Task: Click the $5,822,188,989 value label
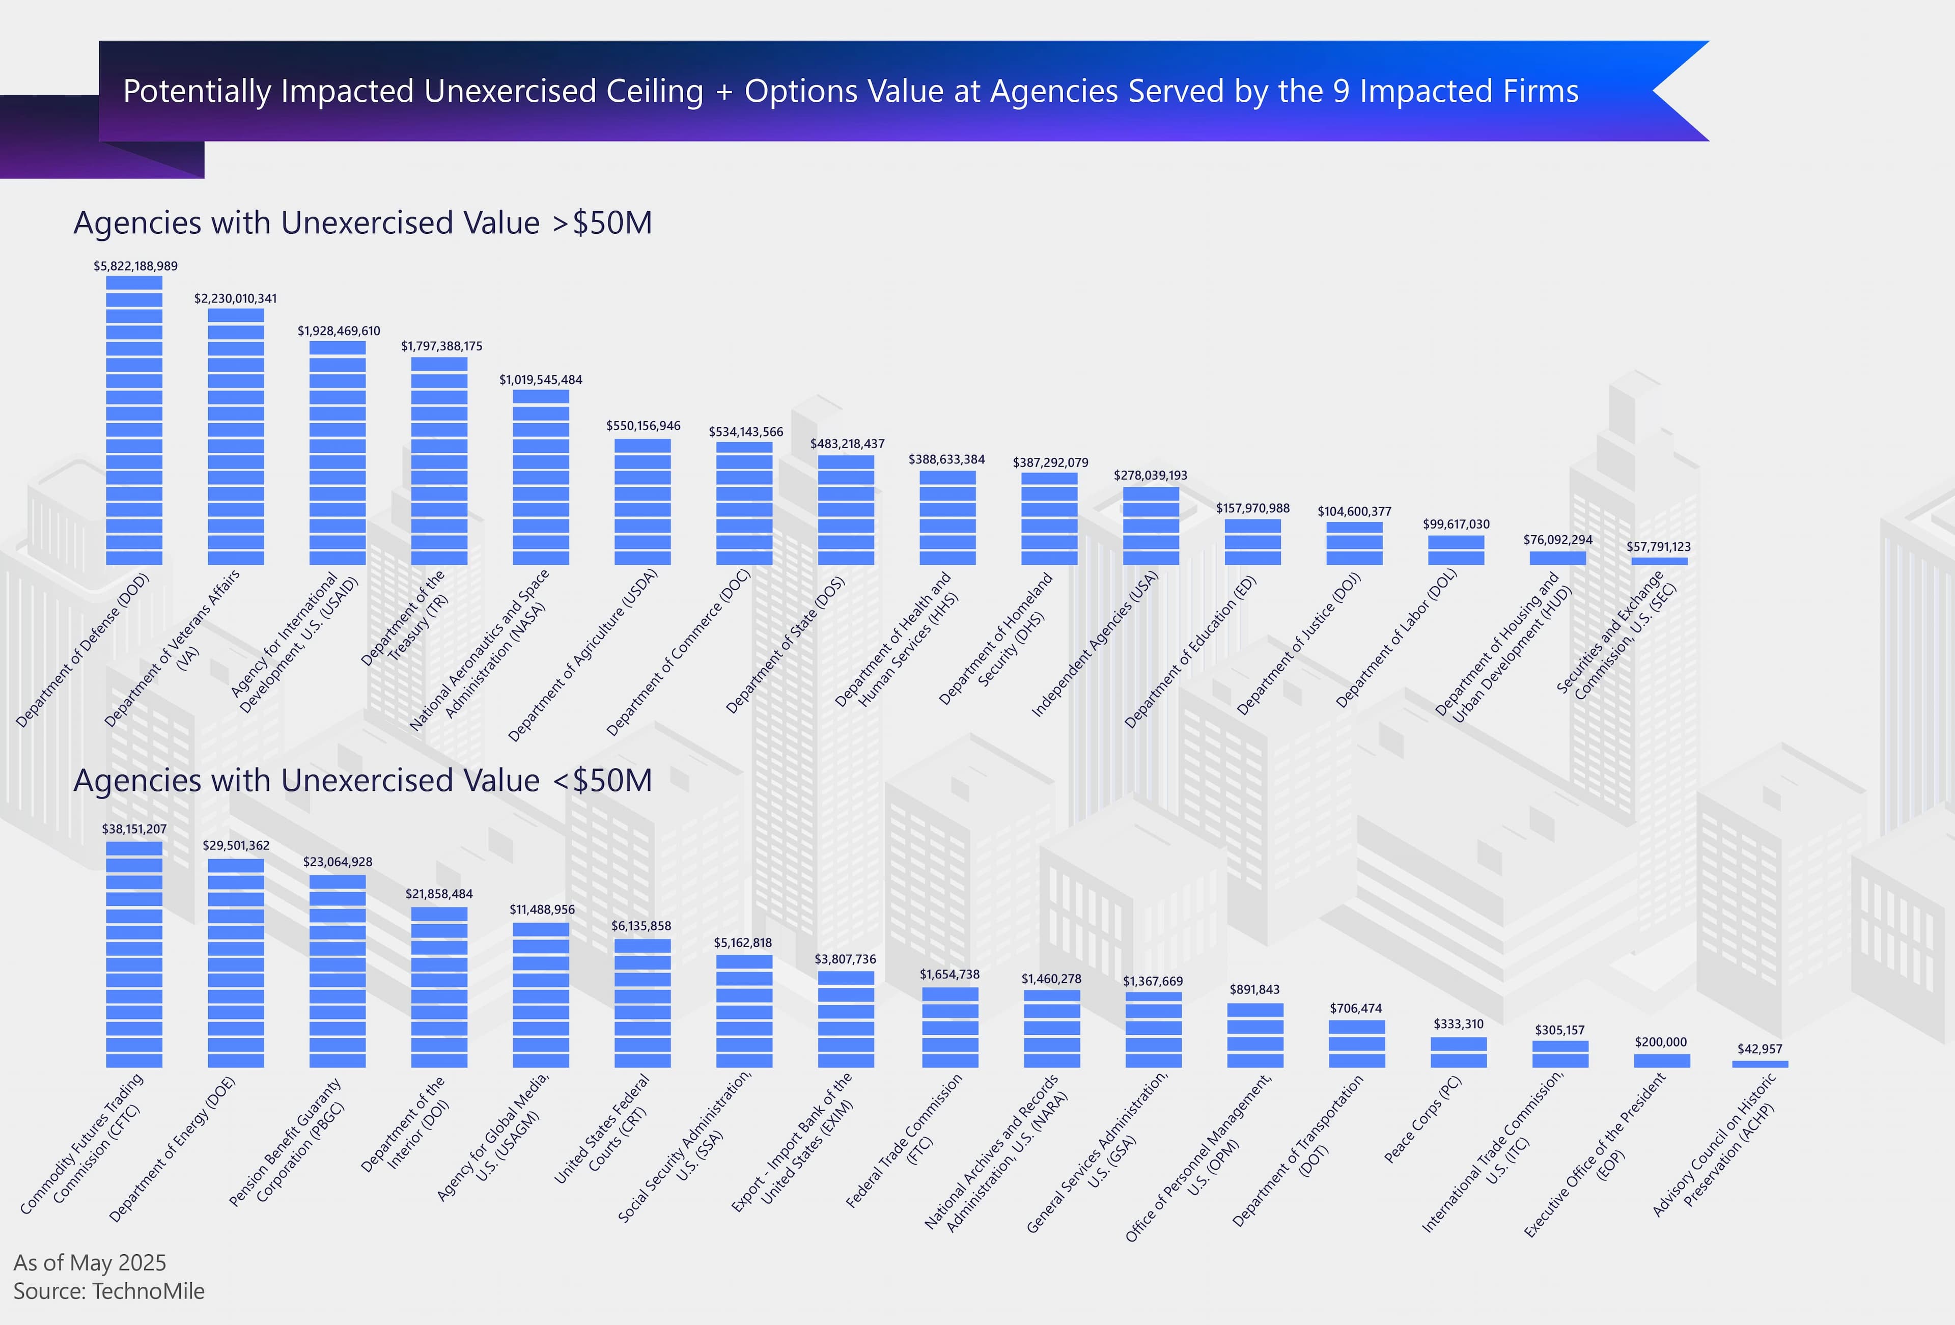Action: click(135, 266)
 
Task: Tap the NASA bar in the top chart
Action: click(541, 477)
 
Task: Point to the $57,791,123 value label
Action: click(1658, 547)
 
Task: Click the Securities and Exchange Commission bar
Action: click(1659, 561)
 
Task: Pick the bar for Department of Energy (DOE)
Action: click(236, 963)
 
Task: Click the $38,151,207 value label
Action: click(134, 829)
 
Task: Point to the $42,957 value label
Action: click(1760, 1049)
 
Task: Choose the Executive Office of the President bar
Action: click(1661, 1061)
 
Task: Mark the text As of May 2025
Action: click(90, 1263)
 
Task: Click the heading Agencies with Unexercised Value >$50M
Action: click(362, 223)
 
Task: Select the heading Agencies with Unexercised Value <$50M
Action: click(362, 781)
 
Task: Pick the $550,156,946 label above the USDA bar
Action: click(644, 426)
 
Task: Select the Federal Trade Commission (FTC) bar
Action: click(949, 1027)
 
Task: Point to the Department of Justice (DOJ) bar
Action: click(1354, 543)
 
